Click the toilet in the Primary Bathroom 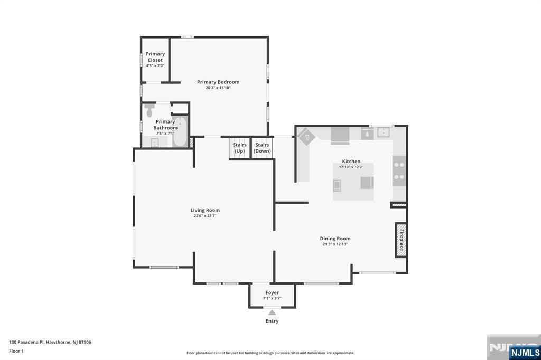click(x=149, y=111)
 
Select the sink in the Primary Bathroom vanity click(x=155, y=142)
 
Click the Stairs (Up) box click(x=239, y=148)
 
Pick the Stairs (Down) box click(x=262, y=148)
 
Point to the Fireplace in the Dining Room click(x=401, y=240)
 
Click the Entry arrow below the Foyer click(x=272, y=313)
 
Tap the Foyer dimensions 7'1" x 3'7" click(x=272, y=298)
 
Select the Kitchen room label click(x=351, y=162)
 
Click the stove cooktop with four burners click(x=399, y=171)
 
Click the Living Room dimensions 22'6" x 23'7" click(x=205, y=216)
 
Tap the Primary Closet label click(x=155, y=56)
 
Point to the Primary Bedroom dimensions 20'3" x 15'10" click(x=218, y=88)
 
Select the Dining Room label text click(x=335, y=239)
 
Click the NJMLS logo click(x=525, y=352)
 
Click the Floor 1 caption click(x=16, y=350)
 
